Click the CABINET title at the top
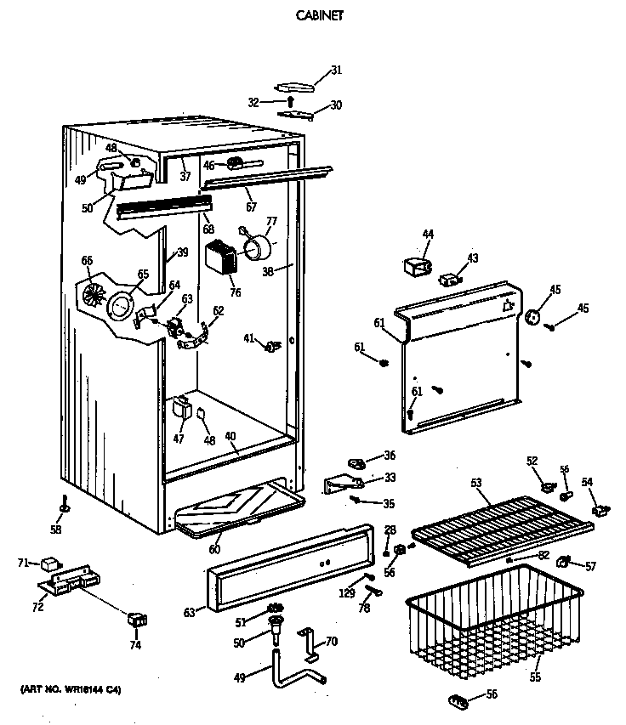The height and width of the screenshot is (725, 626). pyautogui.click(x=319, y=14)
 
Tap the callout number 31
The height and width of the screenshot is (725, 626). pyautogui.click(x=336, y=70)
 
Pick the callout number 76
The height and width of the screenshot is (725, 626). pyautogui.click(x=235, y=293)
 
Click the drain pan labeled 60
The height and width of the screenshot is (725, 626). pyautogui.click(x=238, y=507)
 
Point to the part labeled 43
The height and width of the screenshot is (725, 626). pyautogui.click(x=447, y=278)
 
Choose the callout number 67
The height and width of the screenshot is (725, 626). pyautogui.click(x=250, y=207)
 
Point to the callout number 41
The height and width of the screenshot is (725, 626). pyautogui.click(x=248, y=339)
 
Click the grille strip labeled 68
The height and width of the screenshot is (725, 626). pyautogui.click(x=162, y=207)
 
